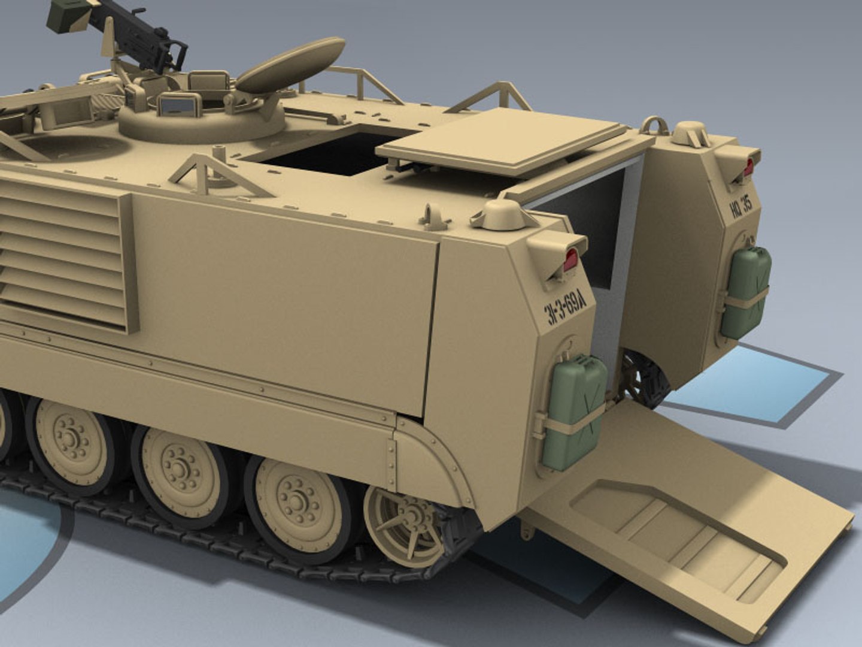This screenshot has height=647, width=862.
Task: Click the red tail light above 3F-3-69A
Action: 570,259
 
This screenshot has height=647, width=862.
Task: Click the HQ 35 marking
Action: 743,206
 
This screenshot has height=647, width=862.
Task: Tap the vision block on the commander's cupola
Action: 180,105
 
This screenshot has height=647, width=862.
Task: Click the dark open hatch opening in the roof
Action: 323,153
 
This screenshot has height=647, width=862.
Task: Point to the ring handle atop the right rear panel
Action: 654,125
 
